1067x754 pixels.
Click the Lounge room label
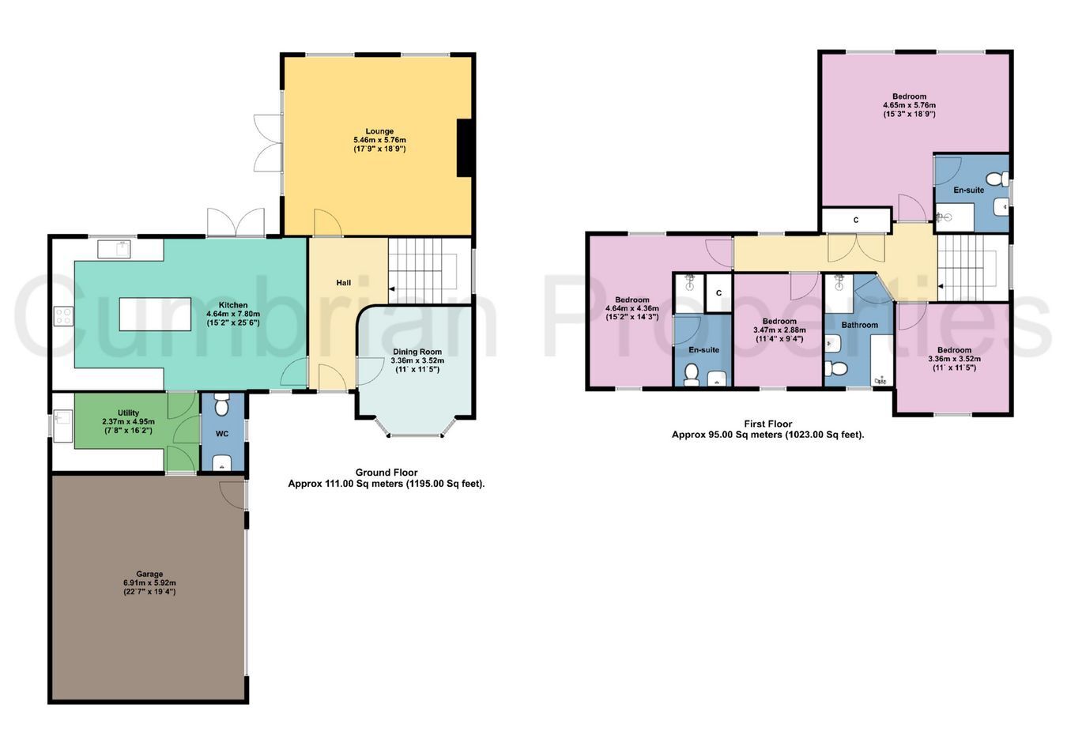coord(379,131)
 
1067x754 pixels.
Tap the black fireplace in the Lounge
coord(464,148)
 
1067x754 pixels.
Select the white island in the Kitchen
coord(155,314)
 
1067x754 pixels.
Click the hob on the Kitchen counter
coord(63,316)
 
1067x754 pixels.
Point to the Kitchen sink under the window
coord(114,249)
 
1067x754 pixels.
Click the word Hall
coord(344,283)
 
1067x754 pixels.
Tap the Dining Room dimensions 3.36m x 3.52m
coord(417,360)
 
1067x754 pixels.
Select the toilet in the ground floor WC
coord(221,405)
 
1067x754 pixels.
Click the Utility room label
coord(128,413)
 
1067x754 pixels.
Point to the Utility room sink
coord(63,425)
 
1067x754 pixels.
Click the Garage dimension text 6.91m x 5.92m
coord(149,582)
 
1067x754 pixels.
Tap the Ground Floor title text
coord(386,473)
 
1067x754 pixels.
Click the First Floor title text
coord(768,424)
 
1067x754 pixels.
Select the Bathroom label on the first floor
coord(859,325)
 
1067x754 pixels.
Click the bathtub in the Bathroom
coord(882,360)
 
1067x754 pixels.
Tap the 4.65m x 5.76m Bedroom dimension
coord(910,105)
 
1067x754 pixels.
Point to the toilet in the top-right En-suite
coord(997,179)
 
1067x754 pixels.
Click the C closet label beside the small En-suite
coord(718,293)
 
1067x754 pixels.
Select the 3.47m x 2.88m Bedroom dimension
coord(779,330)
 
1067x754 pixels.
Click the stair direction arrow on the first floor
coord(941,286)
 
